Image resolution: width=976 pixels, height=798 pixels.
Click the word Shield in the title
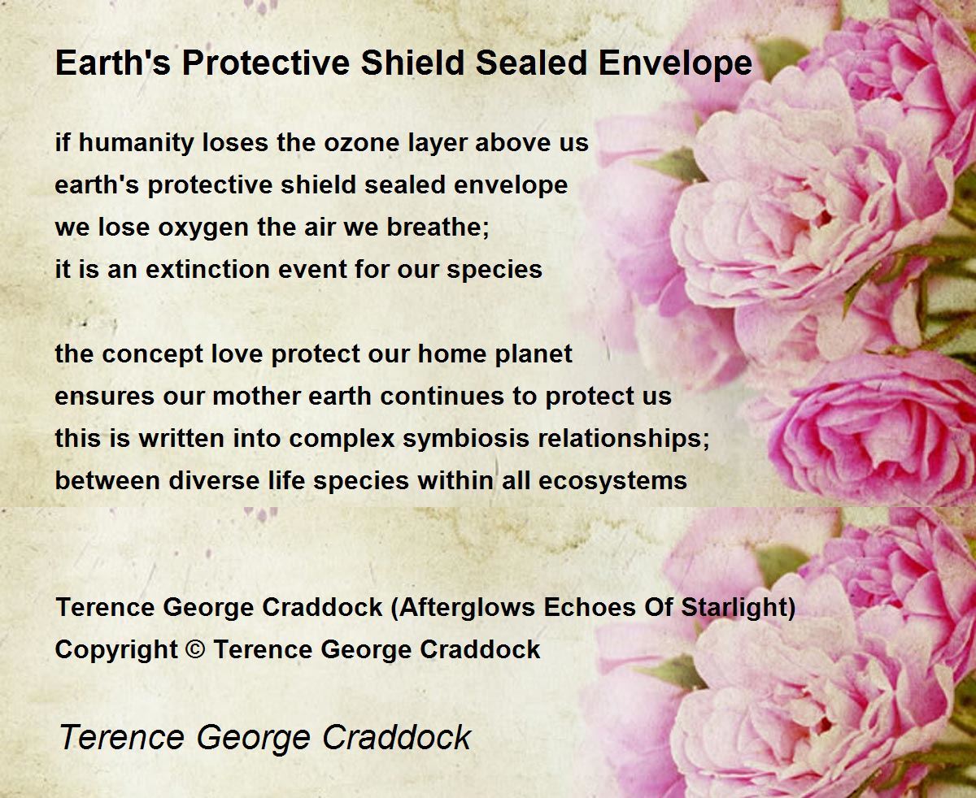[412, 63]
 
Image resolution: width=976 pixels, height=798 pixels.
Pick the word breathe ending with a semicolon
[438, 227]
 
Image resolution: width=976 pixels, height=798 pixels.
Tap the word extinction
[207, 269]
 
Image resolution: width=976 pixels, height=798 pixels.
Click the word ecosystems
[612, 482]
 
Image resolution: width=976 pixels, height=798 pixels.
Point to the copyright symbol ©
[195, 649]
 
